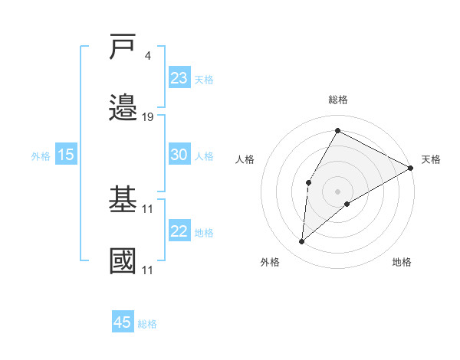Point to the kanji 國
point(123,260)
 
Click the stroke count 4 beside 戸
point(148,56)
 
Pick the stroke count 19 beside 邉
point(148,116)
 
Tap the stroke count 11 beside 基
point(148,208)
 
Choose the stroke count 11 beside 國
point(148,270)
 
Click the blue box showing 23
point(179,78)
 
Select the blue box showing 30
point(179,155)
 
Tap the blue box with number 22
point(179,231)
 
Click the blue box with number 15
point(66,155)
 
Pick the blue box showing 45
point(123,322)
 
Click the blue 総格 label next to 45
point(147,324)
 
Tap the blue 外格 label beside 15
point(41,156)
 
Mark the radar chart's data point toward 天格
point(411,169)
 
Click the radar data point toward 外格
point(302,242)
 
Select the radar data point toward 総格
point(337,130)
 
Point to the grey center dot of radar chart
point(337,190)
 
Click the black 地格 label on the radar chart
point(402,262)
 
